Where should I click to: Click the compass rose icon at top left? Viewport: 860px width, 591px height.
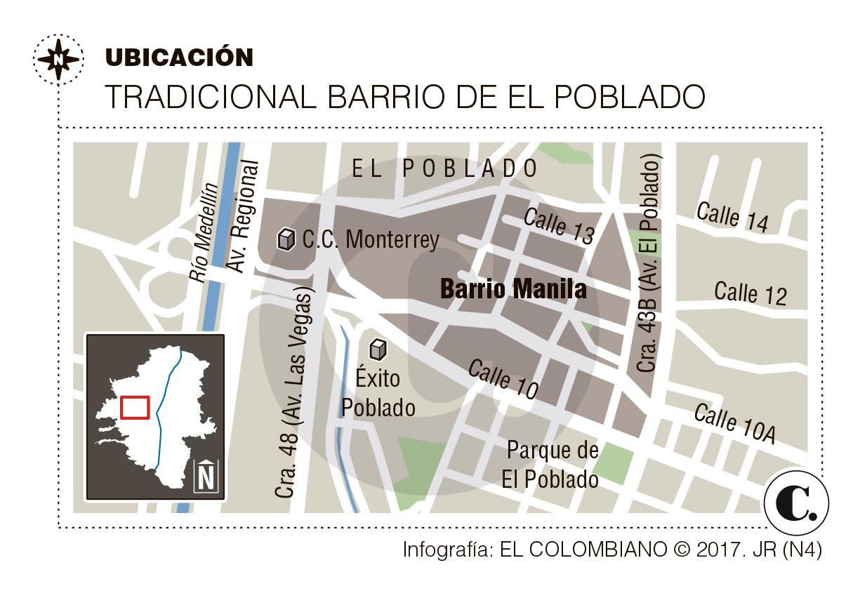coord(58,58)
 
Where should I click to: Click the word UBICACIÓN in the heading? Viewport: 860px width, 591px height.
coord(179,58)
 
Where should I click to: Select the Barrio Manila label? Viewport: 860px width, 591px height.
coord(513,288)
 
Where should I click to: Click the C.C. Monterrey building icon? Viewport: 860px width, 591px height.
coord(286,239)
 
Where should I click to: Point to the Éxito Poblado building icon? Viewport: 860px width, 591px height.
coord(378,348)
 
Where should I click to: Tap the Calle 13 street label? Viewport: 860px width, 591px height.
coord(560,225)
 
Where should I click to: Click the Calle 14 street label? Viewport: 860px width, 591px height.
coord(732,216)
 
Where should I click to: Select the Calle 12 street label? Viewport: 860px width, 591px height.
coord(750,293)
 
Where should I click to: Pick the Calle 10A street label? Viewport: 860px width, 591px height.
coord(734,423)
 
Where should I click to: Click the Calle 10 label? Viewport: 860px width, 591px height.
coord(503,379)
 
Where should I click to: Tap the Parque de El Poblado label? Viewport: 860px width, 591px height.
coord(551,465)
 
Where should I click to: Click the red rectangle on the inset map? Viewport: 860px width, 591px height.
coord(135,407)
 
